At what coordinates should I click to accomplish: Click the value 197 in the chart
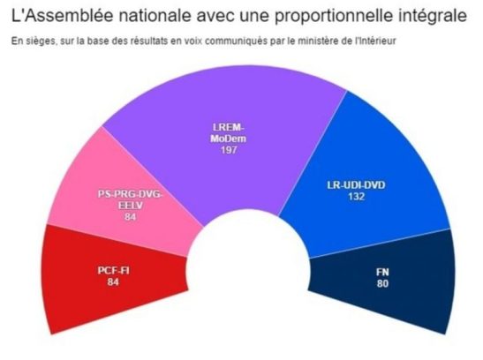[231, 151]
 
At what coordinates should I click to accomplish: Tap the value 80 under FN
[382, 283]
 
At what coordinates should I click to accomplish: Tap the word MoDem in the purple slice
[231, 139]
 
